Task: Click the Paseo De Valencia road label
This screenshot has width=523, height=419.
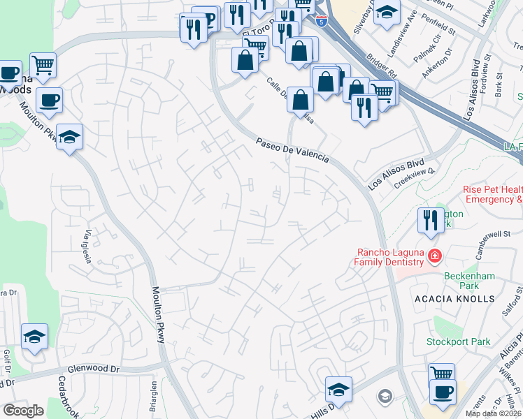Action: [292, 150]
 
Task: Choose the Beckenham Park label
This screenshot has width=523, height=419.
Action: [469, 281]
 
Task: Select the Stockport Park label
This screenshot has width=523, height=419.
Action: [459, 342]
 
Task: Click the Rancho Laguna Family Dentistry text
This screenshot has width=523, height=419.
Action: [390, 257]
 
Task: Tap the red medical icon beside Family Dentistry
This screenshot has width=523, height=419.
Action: [436, 256]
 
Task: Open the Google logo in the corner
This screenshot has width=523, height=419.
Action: [23, 410]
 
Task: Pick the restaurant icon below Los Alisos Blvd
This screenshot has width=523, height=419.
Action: [428, 220]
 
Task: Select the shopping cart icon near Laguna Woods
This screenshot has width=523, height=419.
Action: [43, 66]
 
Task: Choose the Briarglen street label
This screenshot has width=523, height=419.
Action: [154, 397]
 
